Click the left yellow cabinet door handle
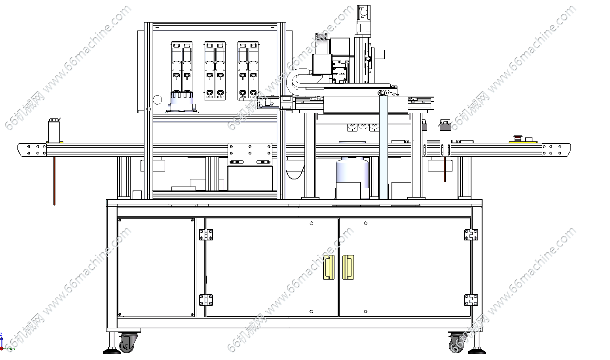click(329, 267)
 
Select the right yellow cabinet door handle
click(348, 267)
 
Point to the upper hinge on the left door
click(206, 234)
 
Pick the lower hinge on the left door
click(206, 300)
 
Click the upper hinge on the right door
click(471, 234)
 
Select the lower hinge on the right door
click(471, 300)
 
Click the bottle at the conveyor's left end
click(54, 130)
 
